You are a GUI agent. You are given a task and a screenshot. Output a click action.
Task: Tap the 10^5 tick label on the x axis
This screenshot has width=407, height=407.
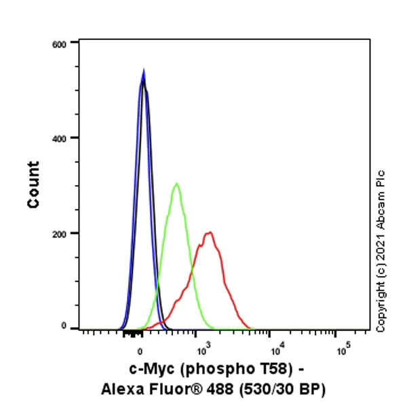343,350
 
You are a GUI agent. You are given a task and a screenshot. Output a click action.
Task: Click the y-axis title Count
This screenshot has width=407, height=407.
33,185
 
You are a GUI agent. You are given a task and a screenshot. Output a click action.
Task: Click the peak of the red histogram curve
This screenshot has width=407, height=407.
210,233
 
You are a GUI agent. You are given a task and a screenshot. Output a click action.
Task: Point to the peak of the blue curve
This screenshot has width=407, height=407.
143,71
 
